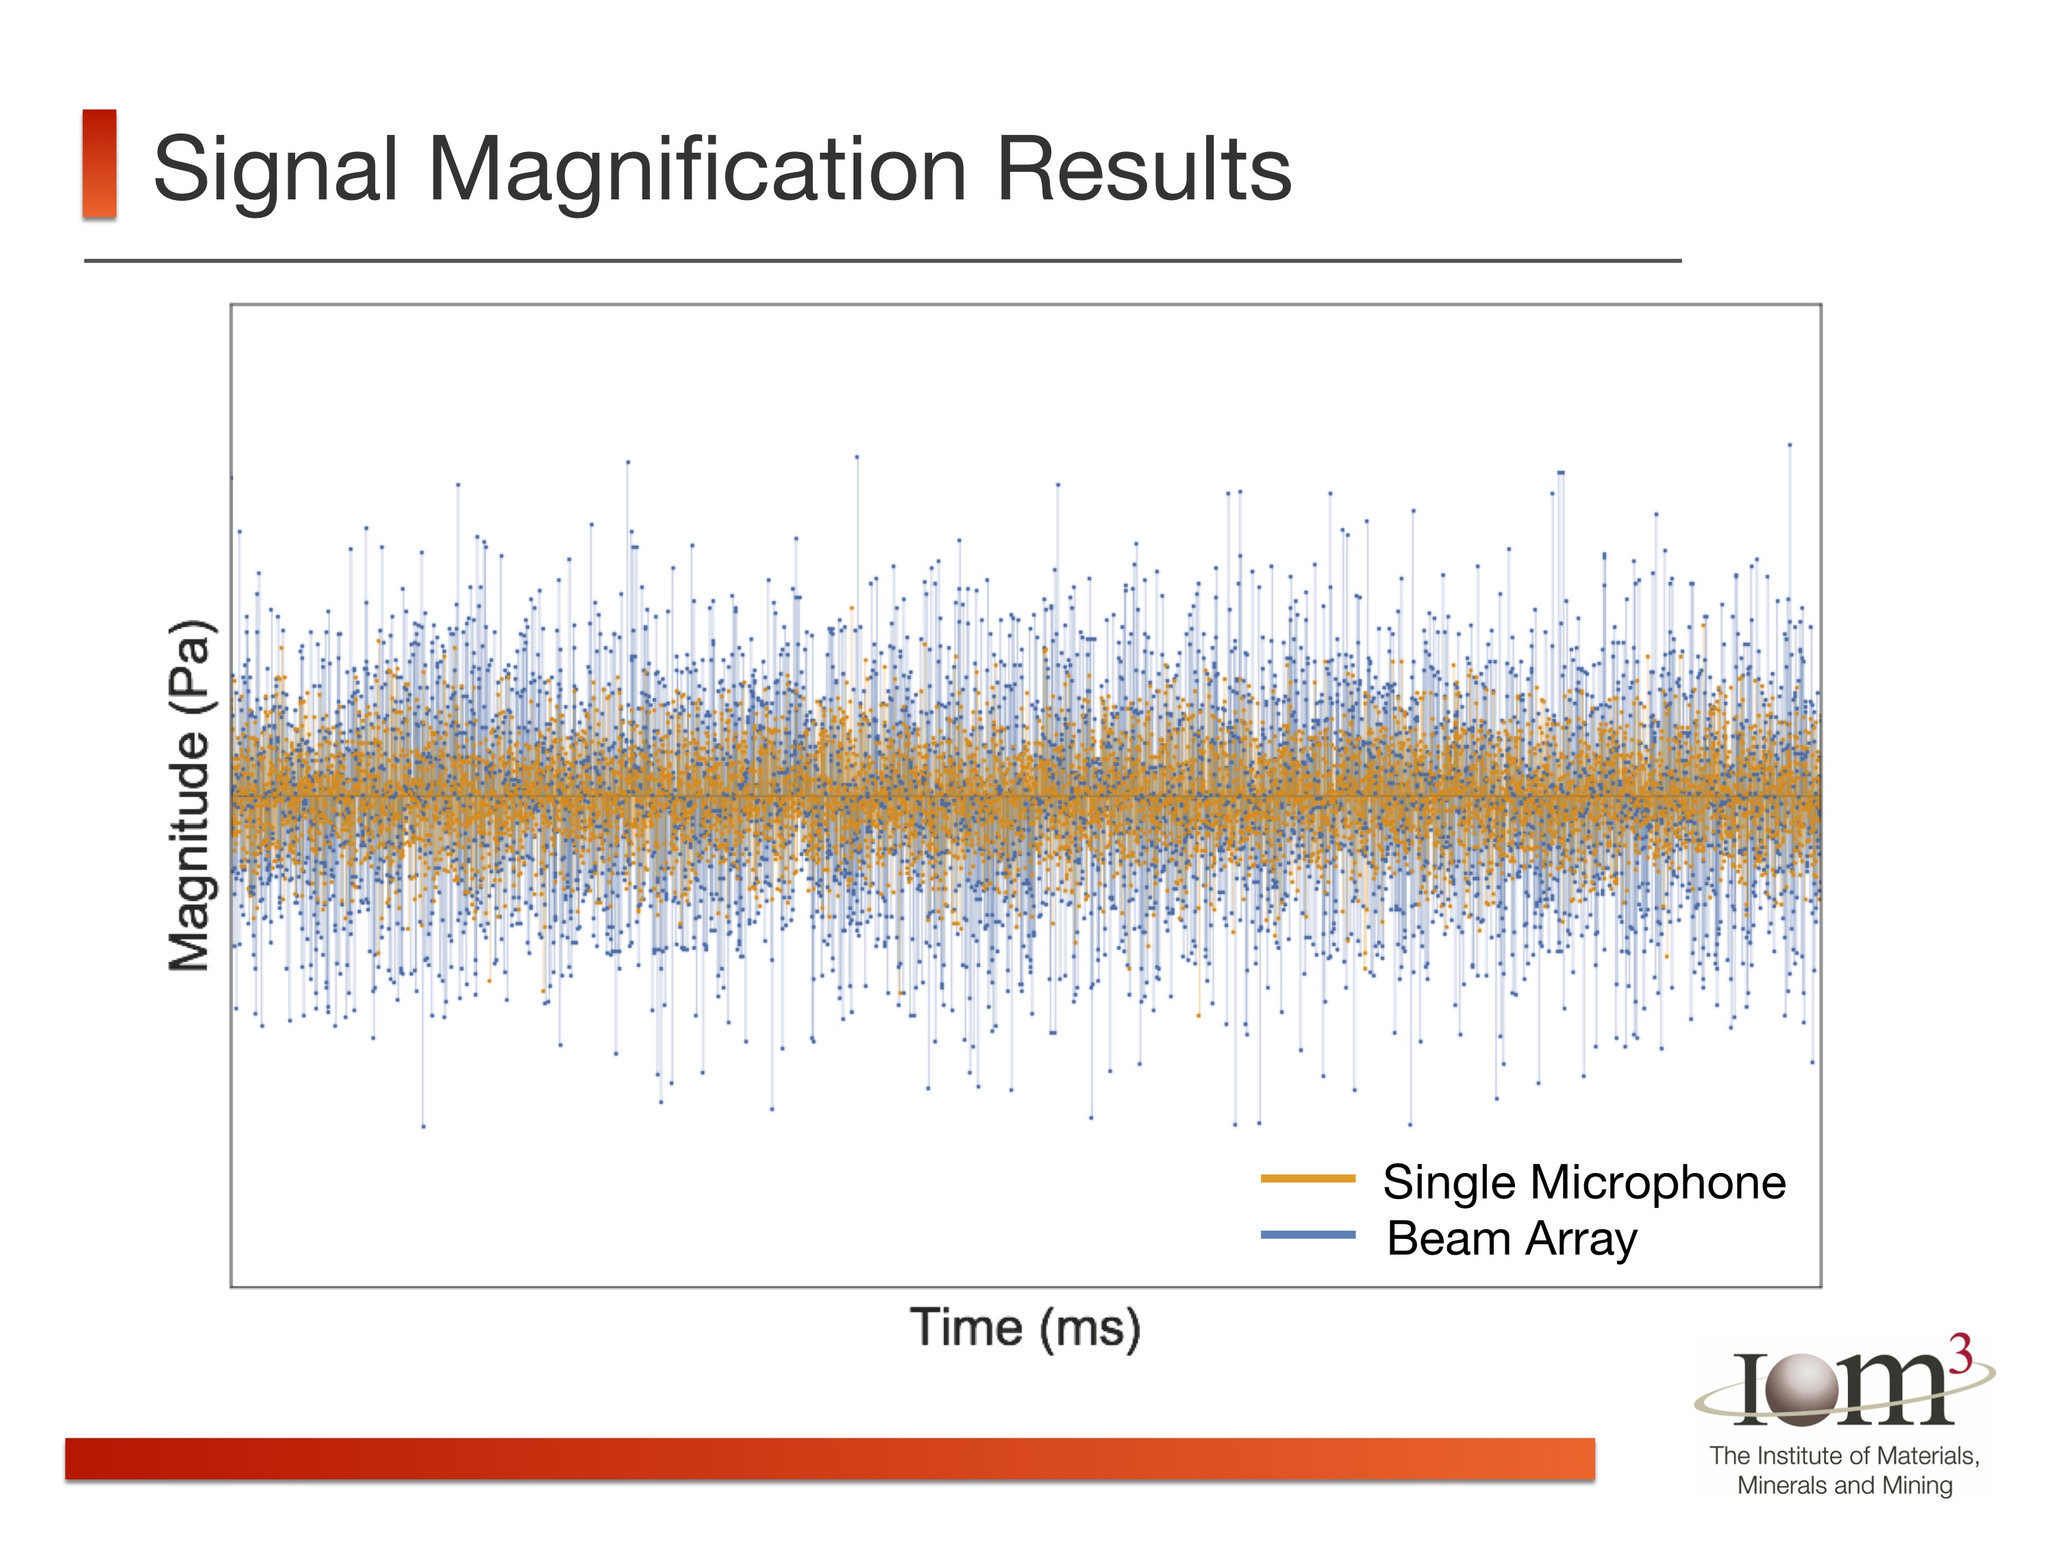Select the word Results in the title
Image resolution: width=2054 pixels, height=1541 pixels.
1143,169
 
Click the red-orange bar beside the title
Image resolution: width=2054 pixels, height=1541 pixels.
99,164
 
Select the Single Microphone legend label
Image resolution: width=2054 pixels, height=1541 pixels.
1583,1183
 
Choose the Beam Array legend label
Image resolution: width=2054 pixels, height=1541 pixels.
1512,1239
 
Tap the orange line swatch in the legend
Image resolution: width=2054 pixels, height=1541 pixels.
1307,1179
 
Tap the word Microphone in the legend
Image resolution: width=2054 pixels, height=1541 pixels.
1657,1183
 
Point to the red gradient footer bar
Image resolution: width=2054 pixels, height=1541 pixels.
829,1458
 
